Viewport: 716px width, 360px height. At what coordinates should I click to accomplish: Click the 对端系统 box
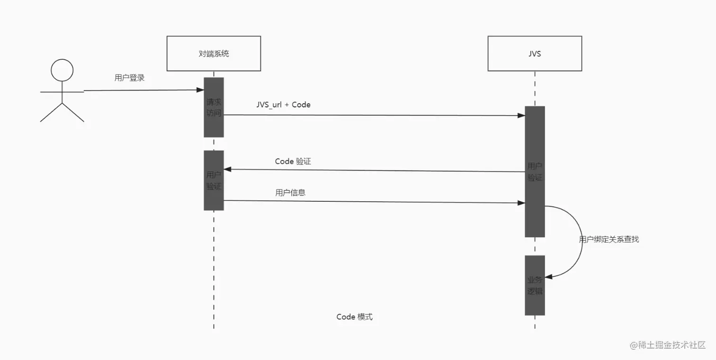pos(214,54)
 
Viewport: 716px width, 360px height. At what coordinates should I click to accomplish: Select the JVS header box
pos(535,54)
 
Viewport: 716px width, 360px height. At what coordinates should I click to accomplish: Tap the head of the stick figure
pos(62,71)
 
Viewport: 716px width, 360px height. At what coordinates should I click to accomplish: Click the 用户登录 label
pos(129,78)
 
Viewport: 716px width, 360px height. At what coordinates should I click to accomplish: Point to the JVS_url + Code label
pos(283,105)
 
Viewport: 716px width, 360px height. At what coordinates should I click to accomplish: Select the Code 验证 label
pos(293,161)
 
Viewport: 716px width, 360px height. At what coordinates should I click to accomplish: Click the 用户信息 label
pos(290,192)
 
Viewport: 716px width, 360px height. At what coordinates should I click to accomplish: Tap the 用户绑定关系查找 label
pos(609,239)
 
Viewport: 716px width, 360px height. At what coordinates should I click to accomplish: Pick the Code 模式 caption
pos(354,317)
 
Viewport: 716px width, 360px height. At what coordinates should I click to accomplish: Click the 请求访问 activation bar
pos(214,108)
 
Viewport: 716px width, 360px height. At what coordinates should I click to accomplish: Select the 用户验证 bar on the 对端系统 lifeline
pos(214,180)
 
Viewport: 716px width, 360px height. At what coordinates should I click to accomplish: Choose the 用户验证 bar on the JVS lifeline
pos(535,171)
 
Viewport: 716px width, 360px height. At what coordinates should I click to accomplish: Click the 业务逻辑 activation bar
pos(535,285)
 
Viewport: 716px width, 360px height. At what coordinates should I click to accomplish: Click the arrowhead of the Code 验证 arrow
pos(227,169)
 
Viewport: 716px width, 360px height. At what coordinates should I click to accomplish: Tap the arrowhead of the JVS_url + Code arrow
pos(521,116)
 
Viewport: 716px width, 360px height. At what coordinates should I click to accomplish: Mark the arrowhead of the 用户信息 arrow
pos(521,203)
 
